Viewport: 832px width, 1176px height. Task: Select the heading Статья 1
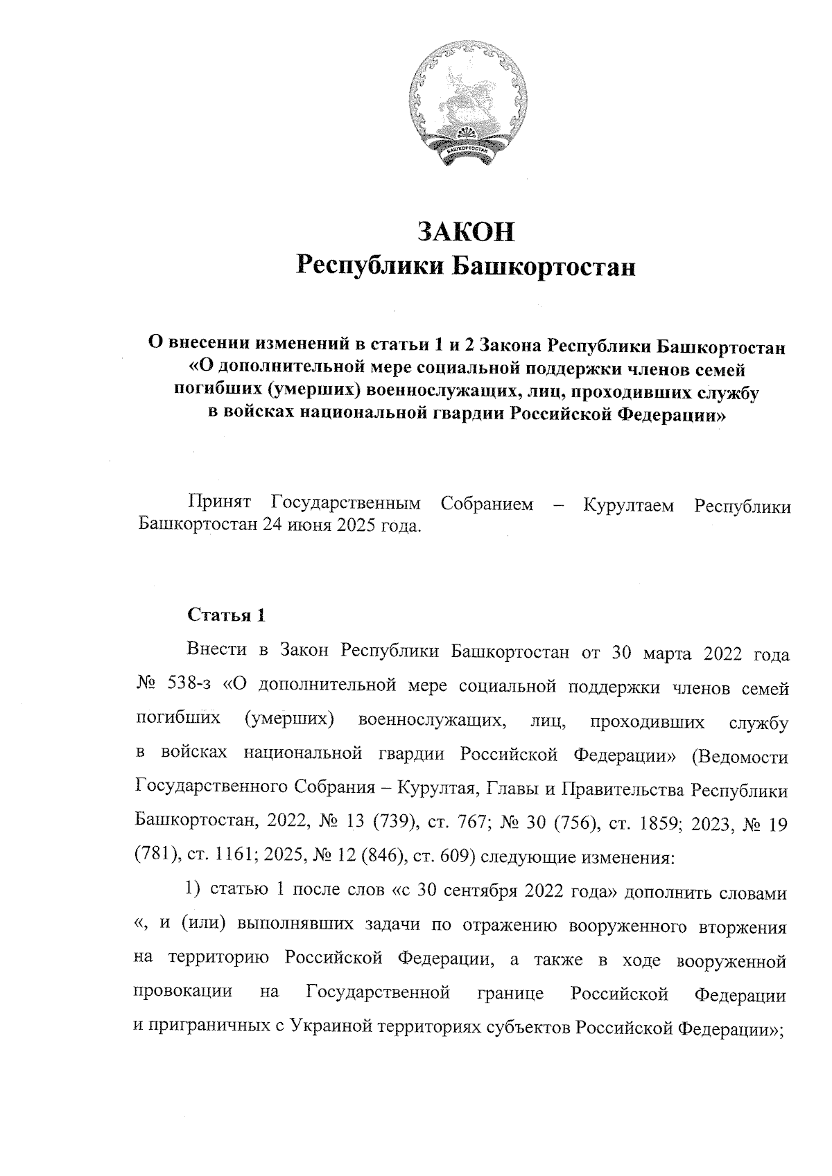225,615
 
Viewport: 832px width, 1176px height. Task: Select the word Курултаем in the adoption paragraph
628,504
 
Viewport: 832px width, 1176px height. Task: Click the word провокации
182,994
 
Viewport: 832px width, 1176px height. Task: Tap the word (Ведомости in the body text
739,756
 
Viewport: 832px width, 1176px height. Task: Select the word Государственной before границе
379,994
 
